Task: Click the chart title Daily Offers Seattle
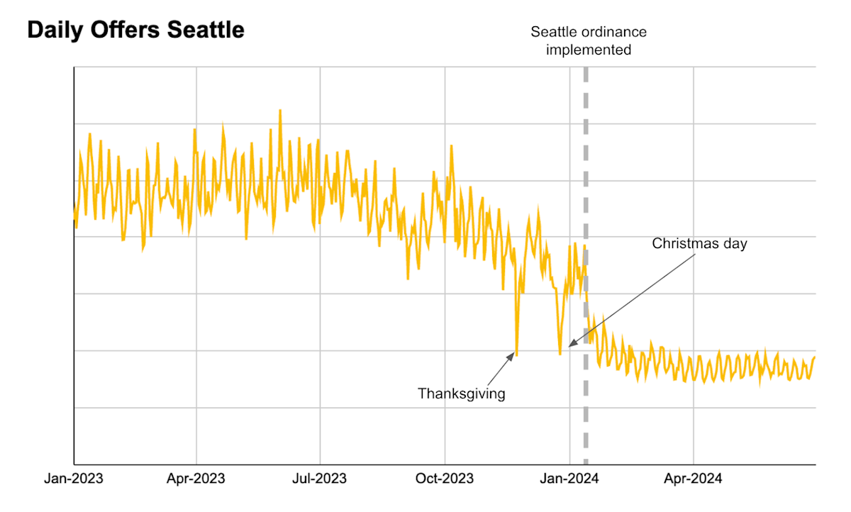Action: coord(135,30)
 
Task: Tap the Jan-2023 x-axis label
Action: coord(74,479)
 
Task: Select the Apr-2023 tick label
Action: coord(196,479)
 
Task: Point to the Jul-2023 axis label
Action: coord(320,479)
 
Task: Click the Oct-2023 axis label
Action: coord(445,479)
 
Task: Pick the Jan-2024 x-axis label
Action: coord(569,479)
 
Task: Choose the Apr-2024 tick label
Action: coord(693,479)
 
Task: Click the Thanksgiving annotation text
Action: coord(462,394)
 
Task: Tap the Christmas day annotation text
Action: coord(700,244)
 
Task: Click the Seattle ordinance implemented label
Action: coord(589,41)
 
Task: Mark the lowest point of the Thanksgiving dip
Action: coord(516,355)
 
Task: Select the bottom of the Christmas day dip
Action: coord(560,353)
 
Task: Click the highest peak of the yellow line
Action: coord(280,111)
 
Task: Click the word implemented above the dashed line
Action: coord(589,50)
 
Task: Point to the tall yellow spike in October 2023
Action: coord(452,145)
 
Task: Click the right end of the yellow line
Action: coord(815,357)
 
